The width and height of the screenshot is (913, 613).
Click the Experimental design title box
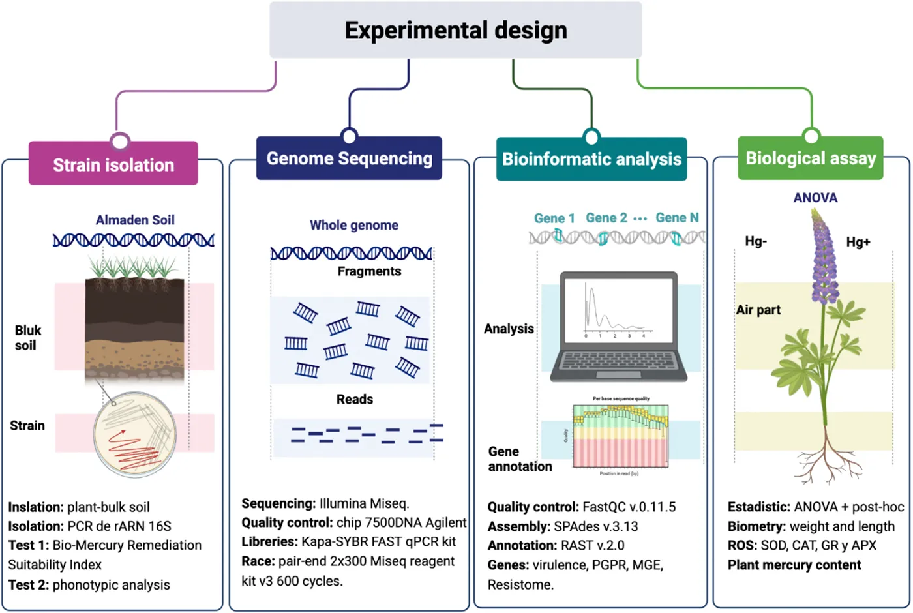click(455, 30)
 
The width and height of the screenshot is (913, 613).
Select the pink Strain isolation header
click(113, 164)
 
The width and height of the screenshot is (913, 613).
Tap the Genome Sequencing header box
click(349, 158)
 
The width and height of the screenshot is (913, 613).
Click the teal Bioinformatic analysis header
click(591, 159)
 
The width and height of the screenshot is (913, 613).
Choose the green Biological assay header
click(811, 158)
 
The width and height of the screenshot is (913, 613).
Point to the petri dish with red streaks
click(134, 433)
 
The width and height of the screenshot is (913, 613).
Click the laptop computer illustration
click(618, 326)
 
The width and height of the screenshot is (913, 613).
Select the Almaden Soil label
click(135, 220)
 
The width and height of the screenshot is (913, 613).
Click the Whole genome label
click(353, 225)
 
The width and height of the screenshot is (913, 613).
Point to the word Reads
click(355, 399)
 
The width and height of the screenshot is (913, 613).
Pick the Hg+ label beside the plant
click(858, 242)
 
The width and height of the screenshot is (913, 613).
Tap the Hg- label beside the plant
click(756, 241)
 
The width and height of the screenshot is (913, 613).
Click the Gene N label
click(677, 218)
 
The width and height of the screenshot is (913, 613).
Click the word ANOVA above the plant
click(815, 198)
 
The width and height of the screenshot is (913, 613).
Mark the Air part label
click(758, 310)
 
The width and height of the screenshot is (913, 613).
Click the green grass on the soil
click(134, 267)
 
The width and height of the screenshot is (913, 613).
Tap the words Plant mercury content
click(794, 565)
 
